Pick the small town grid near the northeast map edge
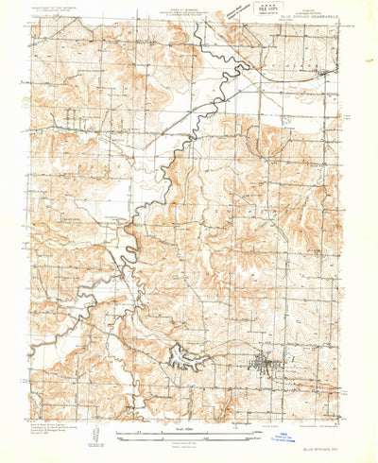[325, 71]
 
